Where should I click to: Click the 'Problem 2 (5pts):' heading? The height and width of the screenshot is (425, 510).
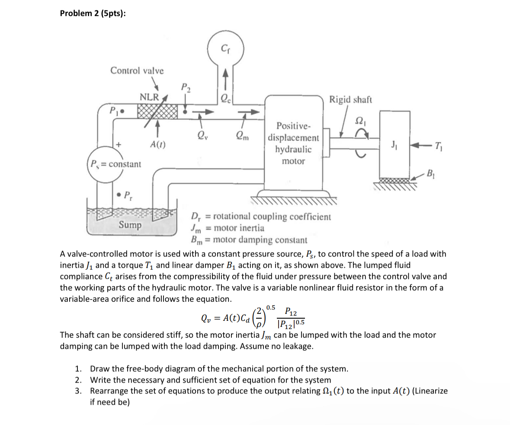(93, 13)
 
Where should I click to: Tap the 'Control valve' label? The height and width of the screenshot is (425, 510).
(137, 70)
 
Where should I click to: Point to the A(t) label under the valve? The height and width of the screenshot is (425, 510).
(158, 144)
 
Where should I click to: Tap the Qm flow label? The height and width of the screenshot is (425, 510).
(242, 136)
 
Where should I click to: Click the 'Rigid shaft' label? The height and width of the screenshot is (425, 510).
(350, 100)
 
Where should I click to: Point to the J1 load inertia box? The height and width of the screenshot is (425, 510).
(394, 143)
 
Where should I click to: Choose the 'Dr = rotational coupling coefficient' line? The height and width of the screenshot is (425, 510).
(260, 217)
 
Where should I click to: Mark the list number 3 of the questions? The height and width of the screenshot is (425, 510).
(78, 391)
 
